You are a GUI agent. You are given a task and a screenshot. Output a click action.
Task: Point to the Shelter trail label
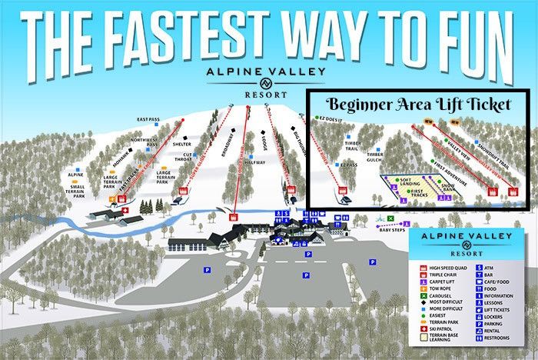coord(182,144)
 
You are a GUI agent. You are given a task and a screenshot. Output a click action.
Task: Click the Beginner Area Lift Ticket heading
coord(417,104)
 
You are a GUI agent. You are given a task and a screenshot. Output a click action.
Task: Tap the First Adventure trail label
coord(450,164)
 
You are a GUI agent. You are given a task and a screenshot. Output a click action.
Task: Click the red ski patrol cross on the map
coord(125,209)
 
